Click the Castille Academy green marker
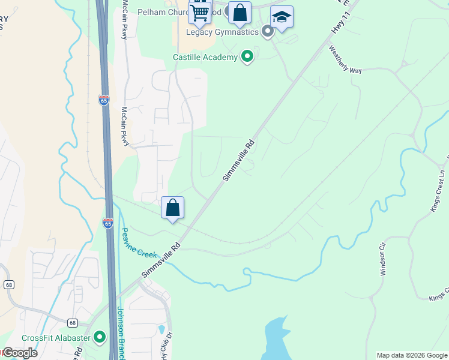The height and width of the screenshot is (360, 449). tap(247, 57)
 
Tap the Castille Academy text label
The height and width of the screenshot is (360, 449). tap(205, 58)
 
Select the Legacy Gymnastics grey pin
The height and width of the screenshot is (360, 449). tap(268, 32)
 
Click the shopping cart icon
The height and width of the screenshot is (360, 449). tap(200, 12)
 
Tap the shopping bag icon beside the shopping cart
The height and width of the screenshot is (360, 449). tap(240, 13)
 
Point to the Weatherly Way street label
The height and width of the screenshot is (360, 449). tap(345, 59)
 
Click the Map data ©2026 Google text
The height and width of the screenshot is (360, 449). tap(412, 355)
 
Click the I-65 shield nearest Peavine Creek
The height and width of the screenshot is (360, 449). tap(108, 223)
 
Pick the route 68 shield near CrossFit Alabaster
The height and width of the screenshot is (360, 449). tap(72, 322)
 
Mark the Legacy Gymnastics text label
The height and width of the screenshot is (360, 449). tap(222, 32)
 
